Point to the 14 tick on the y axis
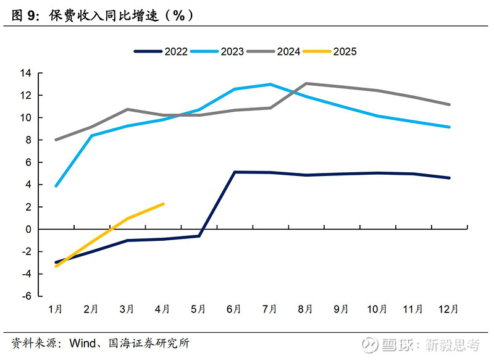click(x=26, y=73)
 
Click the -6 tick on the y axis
click(x=27, y=296)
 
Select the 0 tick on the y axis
click(x=28, y=229)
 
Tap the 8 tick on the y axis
click(x=28, y=140)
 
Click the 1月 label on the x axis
click(x=56, y=309)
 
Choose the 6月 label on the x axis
click(x=235, y=309)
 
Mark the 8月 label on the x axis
click(x=306, y=309)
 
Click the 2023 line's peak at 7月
click(x=270, y=84)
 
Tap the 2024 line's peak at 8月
click(x=306, y=83)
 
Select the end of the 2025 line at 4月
click(x=163, y=204)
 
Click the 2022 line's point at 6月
click(x=235, y=172)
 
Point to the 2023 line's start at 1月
click(x=56, y=186)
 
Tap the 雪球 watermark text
click(x=399, y=345)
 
